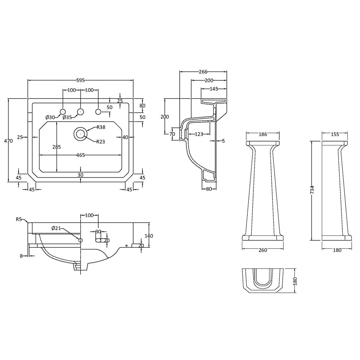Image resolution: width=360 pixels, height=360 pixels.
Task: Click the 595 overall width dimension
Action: point(80,80)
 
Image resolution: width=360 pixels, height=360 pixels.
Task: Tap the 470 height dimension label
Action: point(9,141)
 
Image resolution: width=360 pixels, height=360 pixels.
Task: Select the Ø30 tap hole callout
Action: point(50,117)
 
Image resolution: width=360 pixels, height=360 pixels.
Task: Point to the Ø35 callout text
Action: point(67,117)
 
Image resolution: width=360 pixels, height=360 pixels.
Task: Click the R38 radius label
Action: point(101,127)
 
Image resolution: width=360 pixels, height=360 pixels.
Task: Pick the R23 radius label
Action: point(100,141)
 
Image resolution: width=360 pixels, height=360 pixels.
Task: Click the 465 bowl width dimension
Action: point(80,155)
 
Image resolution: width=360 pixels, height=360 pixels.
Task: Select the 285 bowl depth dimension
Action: point(57,147)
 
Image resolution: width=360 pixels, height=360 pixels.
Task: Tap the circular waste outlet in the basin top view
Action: point(80,134)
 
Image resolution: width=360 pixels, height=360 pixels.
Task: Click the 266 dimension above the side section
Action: point(203,72)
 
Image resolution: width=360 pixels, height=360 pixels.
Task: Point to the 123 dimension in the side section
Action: point(199,134)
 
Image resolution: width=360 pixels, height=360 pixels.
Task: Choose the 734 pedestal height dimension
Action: point(312,190)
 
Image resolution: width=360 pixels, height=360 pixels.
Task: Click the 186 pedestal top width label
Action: point(263,134)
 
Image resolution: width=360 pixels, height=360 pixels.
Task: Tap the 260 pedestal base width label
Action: point(263,250)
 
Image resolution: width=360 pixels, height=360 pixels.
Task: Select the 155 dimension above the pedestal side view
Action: point(335,134)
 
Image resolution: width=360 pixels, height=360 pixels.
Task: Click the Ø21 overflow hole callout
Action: point(56,228)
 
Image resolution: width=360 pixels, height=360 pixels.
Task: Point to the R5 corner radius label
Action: point(19,219)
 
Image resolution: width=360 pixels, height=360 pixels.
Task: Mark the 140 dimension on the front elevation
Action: point(149,236)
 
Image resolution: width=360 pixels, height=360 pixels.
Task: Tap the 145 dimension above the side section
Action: point(214,89)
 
